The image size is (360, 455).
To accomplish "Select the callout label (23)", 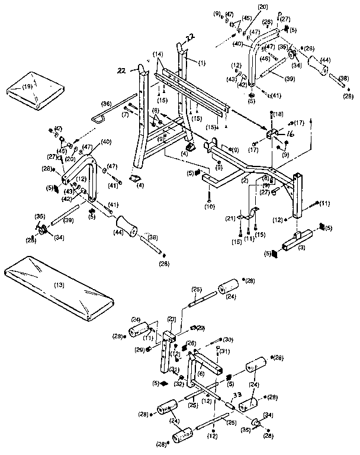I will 172,319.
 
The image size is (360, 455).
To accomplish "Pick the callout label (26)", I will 191,343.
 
